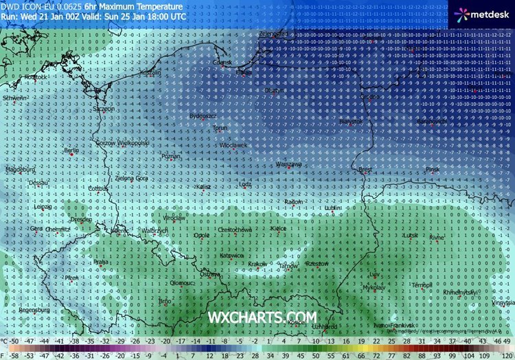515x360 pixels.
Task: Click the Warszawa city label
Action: [x=288, y=165]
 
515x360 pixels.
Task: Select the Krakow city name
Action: [x=257, y=264]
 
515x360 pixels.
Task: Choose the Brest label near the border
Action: [x=365, y=168]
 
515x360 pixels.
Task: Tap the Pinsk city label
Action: [x=431, y=169]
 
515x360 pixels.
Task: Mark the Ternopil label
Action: [x=421, y=284]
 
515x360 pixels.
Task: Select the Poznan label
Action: [x=169, y=157]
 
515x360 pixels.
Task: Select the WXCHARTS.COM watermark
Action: [x=263, y=317]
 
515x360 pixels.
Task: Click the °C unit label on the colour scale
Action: [x=5, y=341]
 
